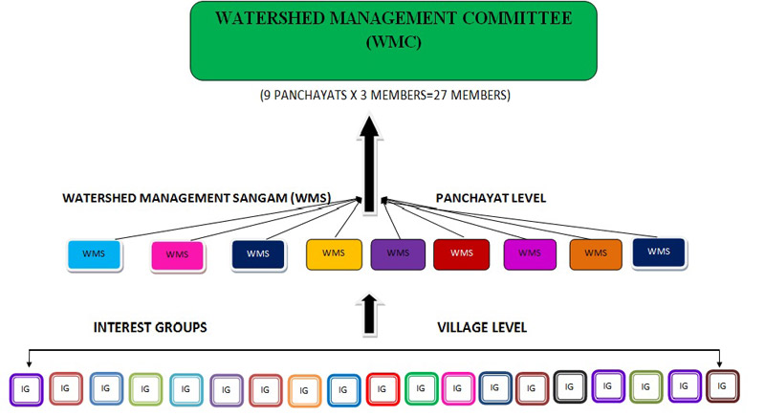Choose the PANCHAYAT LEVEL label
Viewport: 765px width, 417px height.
[491, 198]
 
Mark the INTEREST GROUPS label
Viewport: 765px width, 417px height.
[150, 328]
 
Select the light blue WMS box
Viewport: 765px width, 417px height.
[94, 254]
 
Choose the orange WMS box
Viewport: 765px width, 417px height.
[595, 253]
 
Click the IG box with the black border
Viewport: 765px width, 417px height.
[569, 387]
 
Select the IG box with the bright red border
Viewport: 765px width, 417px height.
[382, 389]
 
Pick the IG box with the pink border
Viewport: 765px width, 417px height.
[457, 388]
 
